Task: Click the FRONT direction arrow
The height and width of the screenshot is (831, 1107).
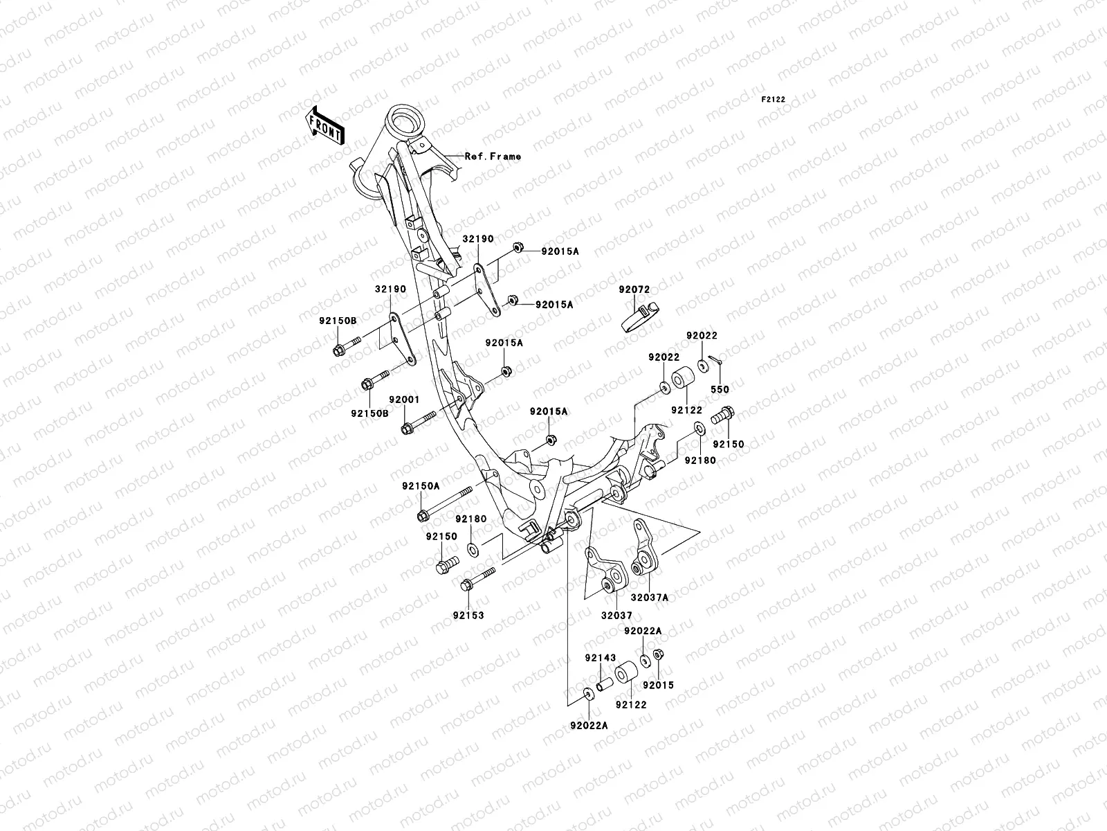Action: [x=336, y=125]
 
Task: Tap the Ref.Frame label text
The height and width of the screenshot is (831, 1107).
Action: [x=493, y=157]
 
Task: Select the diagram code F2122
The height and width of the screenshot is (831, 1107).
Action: [x=774, y=100]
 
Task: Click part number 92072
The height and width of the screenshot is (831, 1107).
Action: [x=634, y=289]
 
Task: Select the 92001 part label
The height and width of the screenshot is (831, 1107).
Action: [x=404, y=400]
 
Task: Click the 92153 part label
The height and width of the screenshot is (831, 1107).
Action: [x=468, y=615]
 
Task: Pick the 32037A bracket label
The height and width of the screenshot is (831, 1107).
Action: [x=649, y=597]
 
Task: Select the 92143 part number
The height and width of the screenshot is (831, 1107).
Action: [x=600, y=657]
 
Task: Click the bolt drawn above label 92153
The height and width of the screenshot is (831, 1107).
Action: [x=477, y=579]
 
